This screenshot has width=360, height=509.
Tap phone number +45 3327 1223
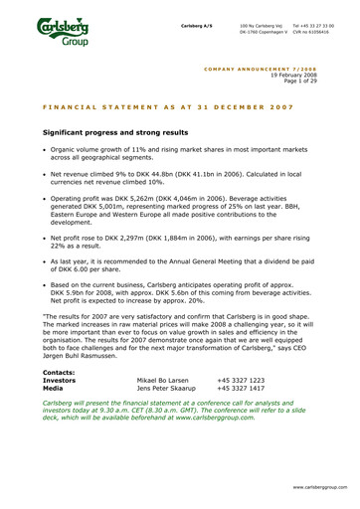(x=241, y=380)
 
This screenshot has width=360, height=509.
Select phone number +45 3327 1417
(x=241, y=388)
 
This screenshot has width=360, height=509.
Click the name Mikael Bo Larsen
(x=163, y=380)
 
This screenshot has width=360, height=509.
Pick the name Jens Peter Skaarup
(x=166, y=388)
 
